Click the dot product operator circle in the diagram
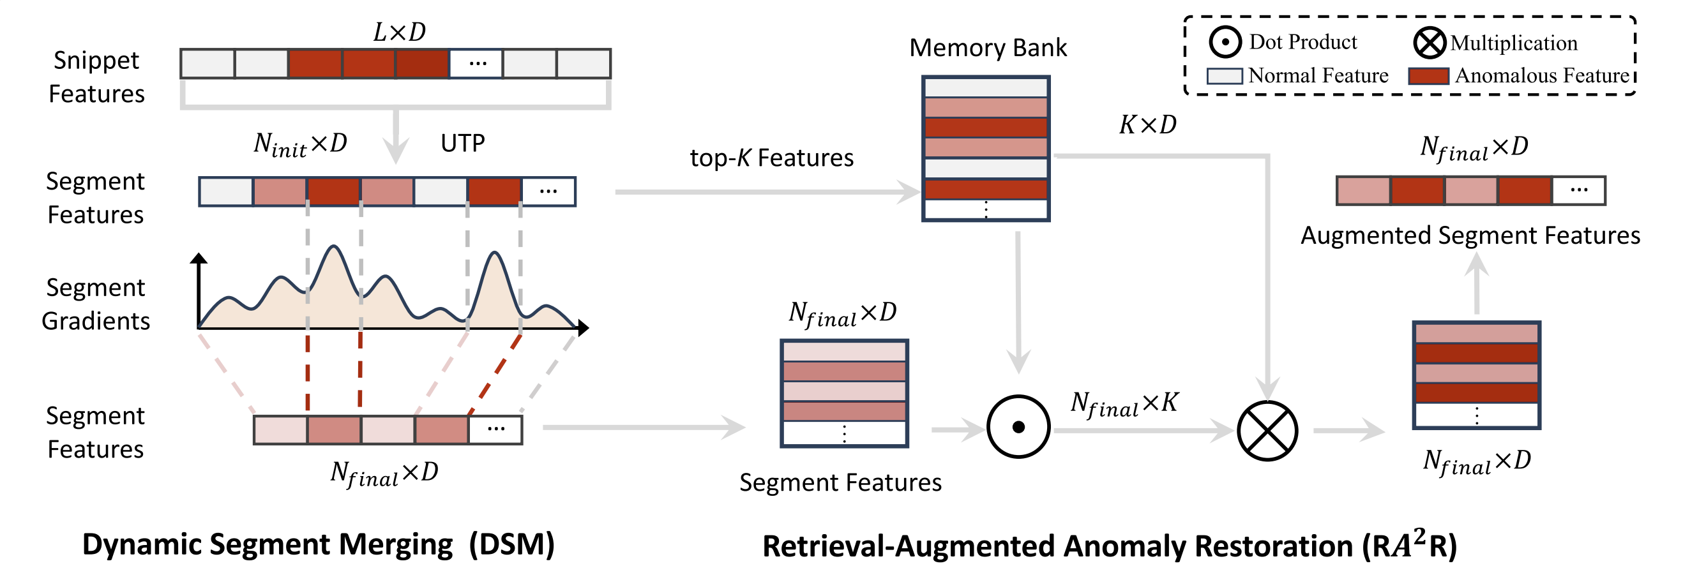click(1018, 427)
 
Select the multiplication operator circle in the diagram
click(1267, 431)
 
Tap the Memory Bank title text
click(987, 48)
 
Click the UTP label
click(462, 143)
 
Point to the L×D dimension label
click(399, 31)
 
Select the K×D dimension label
click(1147, 124)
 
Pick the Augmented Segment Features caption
click(1470, 235)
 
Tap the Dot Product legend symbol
click(1225, 43)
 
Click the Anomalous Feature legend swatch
click(1428, 76)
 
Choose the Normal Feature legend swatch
click(1225, 76)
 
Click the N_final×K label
click(1124, 404)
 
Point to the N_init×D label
click(301, 144)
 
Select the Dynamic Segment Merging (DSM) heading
click(318, 545)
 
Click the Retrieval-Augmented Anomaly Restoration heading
click(1110, 546)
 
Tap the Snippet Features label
click(96, 77)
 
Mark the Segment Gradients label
click(95, 304)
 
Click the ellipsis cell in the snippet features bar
click(477, 64)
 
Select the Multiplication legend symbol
click(1429, 43)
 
